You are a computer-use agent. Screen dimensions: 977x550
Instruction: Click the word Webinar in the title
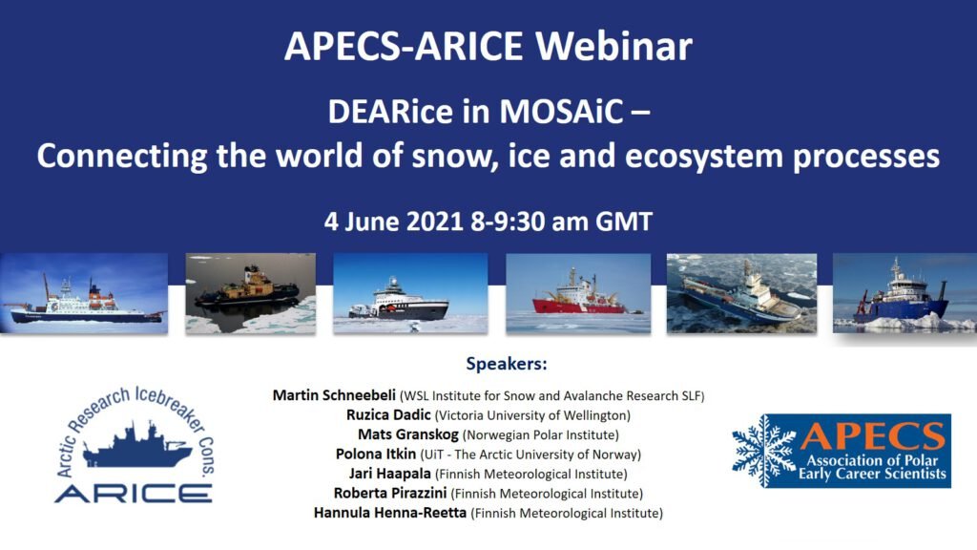[613, 46]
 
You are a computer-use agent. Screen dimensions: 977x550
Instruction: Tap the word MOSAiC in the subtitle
[561, 112]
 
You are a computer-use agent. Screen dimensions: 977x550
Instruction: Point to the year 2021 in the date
[435, 222]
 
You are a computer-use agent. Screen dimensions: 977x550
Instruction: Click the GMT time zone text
[624, 222]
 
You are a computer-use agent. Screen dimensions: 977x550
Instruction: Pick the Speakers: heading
[507, 364]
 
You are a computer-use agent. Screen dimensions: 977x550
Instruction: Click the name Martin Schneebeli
[334, 395]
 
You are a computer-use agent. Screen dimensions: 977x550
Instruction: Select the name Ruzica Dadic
[389, 414]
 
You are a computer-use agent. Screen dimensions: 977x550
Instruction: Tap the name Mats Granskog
[408, 434]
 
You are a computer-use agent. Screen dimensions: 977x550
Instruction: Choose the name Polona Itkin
[376, 454]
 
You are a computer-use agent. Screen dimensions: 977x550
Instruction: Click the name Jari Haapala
[390, 474]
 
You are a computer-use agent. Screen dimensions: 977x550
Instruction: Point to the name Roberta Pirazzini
[390, 494]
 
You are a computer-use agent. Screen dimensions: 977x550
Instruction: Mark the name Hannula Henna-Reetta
[390, 513]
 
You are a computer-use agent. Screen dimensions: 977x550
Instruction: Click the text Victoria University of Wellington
[532, 415]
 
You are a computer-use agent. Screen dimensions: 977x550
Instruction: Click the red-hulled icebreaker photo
[578, 293]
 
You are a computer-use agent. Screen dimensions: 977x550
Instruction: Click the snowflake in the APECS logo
[764, 451]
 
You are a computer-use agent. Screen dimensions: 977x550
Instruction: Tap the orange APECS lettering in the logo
[872, 435]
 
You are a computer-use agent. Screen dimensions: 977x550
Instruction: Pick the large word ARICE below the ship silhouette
[134, 494]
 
